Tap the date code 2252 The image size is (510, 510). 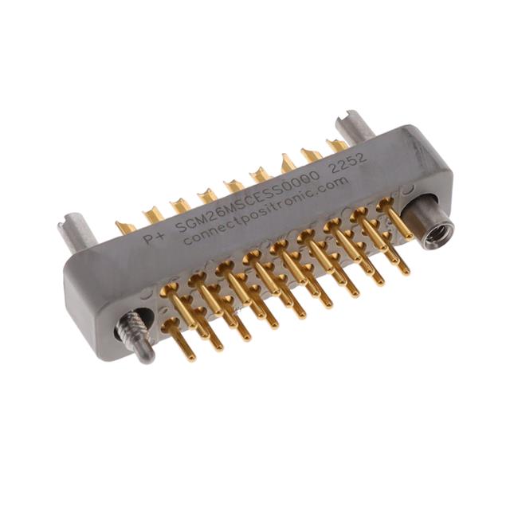point(349,163)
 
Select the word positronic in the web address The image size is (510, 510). point(279,212)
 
